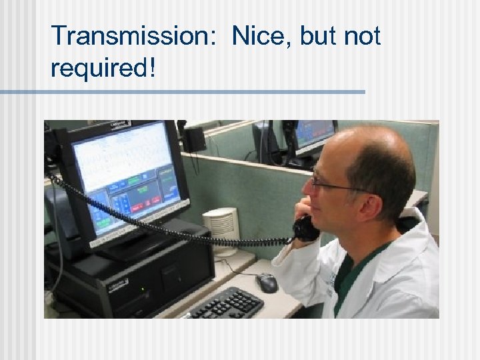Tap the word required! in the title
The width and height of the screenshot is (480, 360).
(x=103, y=67)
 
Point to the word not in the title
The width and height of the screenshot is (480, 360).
(x=362, y=36)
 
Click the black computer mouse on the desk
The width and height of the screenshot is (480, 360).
(x=267, y=283)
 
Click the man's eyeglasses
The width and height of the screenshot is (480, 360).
(x=333, y=184)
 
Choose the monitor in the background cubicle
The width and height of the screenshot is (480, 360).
(x=313, y=137)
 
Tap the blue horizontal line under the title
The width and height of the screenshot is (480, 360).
(x=183, y=92)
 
